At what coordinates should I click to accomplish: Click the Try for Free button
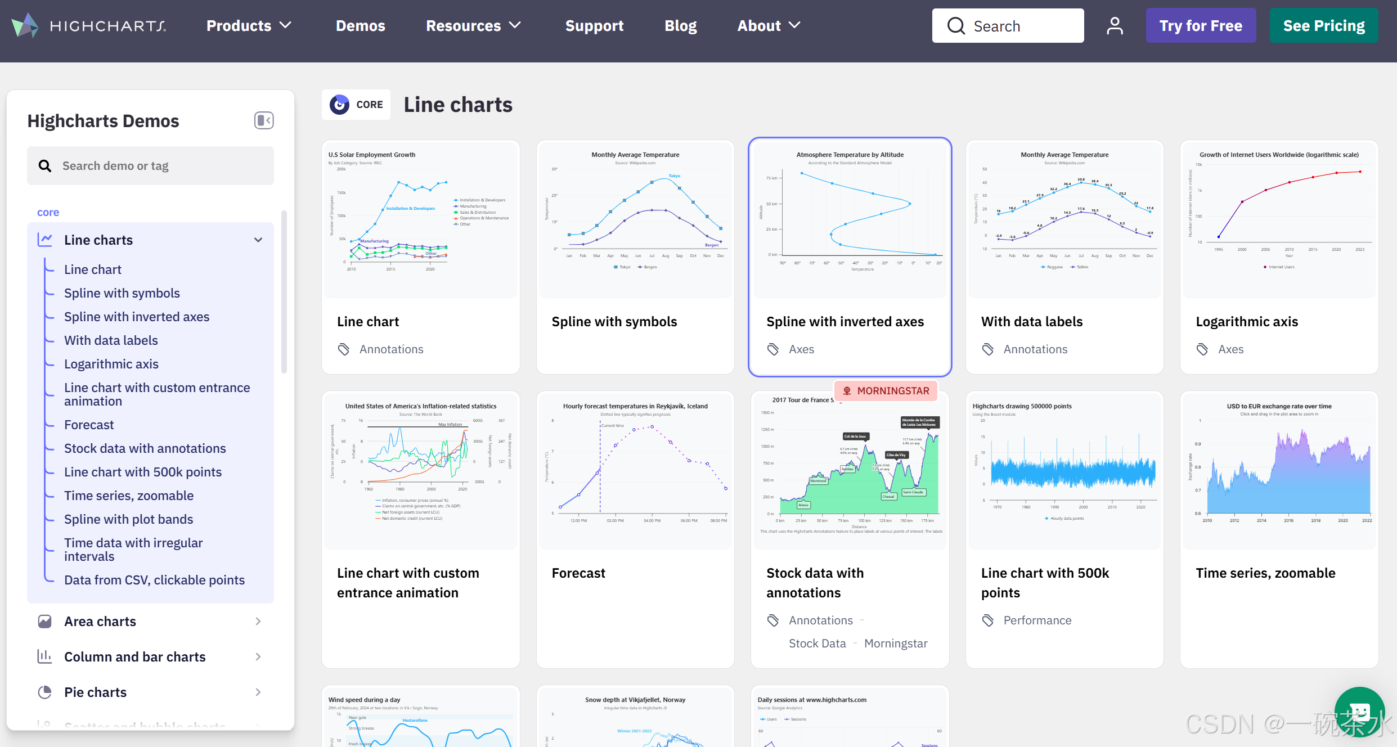pos(1200,26)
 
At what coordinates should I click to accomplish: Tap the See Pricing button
pos(1323,26)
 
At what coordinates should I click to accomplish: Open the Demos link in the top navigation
pos(360,26)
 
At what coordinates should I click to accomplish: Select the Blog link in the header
pos(680,26)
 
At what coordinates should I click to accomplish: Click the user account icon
pos(1114,26)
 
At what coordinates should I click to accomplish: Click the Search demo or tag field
pos(151,166)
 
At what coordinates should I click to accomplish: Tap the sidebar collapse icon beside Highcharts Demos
pos(263,120)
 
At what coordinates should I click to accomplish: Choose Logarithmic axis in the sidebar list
pos(111,364)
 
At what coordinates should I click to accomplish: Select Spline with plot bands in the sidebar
pos(128,519)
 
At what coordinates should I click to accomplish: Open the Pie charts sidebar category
pos(95,692)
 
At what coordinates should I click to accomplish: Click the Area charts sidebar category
pos(100,622)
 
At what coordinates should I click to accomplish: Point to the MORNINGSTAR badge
pos(886,391)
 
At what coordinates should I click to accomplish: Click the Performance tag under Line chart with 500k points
pos(1037,620)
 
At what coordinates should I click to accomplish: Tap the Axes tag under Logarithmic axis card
pos(1230,349)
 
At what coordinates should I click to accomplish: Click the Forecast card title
pos(578,573)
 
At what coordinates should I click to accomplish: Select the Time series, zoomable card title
pos(1265,573)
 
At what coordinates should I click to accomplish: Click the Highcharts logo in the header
pos(89,26)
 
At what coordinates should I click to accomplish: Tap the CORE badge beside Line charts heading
pos(356,105)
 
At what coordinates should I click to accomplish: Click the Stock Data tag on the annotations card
pos(817,643)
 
